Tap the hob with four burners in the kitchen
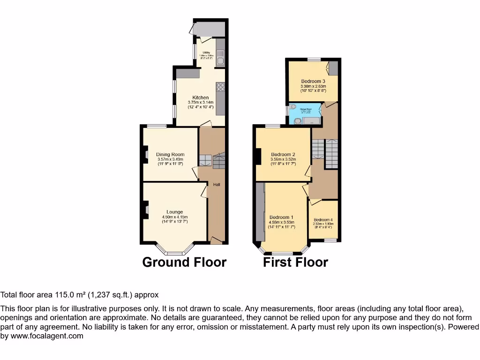pyautogui.click(x=220, y=87)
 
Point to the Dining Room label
pyautogui.click(x=170, y=154)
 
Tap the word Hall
pyautogui.click(x=217, y=184)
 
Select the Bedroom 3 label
pyautogui.click(x=313, y=81)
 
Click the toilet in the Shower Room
pyautogui.click(x=293, y=107)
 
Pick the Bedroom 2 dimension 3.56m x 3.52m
pyautogui.click(x=283, y=159)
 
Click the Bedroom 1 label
pyautogui.click(x=281, y=217)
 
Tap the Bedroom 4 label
pyautogui.click(x=323, y=220)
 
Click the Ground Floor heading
pyautogui.click(x=184, y=262)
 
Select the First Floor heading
pyautogui.click(x=295, y=262)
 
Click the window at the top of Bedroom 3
pyautogui.click(x=314, y=60)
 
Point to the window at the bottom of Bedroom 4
pyautogui.click(x=330, y=240)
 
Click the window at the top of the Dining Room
pyautogui.click(x=157, y=126)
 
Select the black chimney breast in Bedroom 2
pyautogui.click(x=258, y=156)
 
